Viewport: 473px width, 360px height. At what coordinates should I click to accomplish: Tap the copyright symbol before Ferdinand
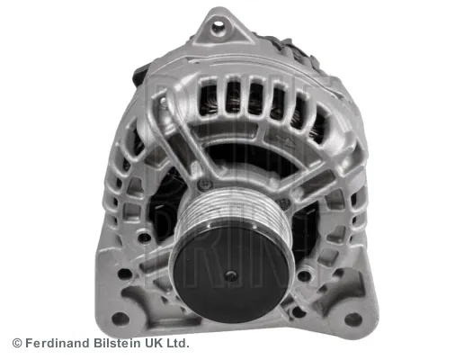[x=17, y=343]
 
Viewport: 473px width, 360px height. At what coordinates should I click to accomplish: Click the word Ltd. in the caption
[x=180, y=343]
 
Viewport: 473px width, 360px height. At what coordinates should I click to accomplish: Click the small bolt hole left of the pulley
[x=144, y=237]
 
